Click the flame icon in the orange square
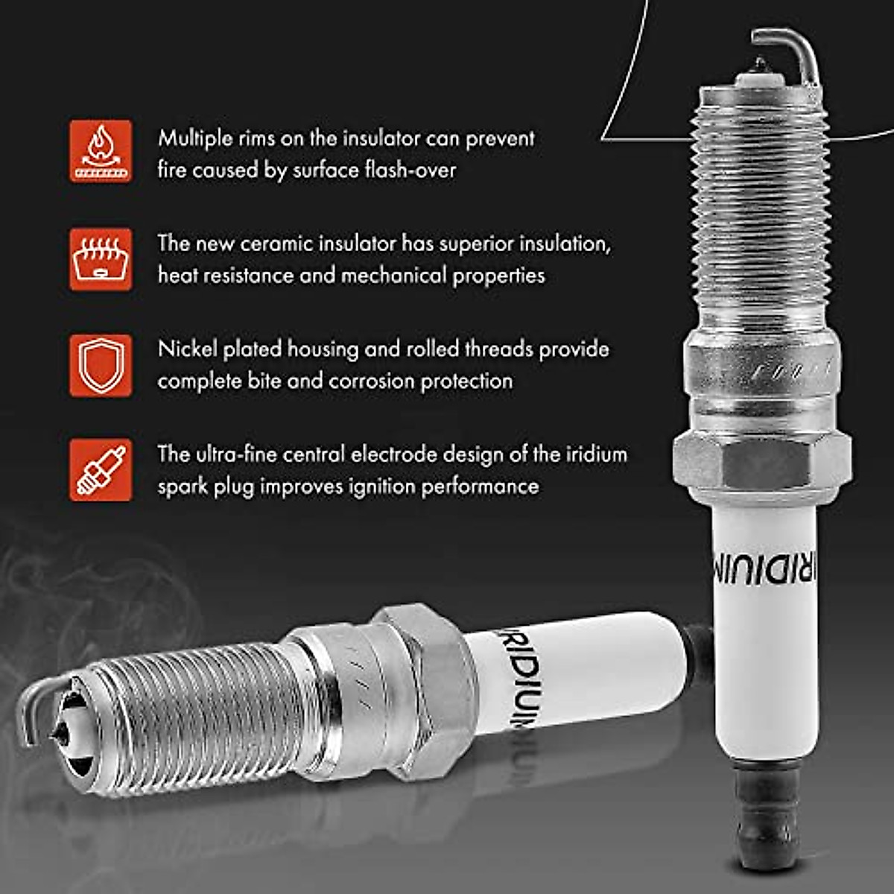click(x=101, y=151)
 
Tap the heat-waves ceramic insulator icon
click(x=101, y=259)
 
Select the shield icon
click(x=101, y=365)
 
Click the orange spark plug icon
click(x=101, y=470)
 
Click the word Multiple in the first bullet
click(x=193, y=139)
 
